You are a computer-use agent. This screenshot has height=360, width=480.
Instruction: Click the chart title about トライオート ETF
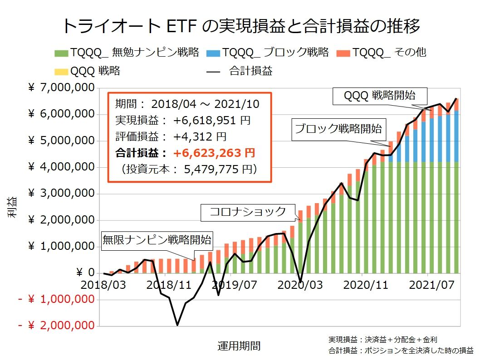pos(240,26)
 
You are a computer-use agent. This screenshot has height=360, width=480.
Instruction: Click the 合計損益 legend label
pos(250,71)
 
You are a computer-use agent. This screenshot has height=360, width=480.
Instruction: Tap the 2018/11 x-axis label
pos(166,285)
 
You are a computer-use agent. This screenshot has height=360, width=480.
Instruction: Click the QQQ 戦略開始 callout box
pos(379,95)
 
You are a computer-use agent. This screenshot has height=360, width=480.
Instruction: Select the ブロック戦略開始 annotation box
pos(338,128)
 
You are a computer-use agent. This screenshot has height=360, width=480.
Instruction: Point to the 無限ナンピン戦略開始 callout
pos(157,239)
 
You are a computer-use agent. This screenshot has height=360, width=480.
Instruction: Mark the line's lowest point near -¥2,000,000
pos(177,325)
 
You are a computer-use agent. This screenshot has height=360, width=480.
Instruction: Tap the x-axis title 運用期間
pos(239,346)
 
